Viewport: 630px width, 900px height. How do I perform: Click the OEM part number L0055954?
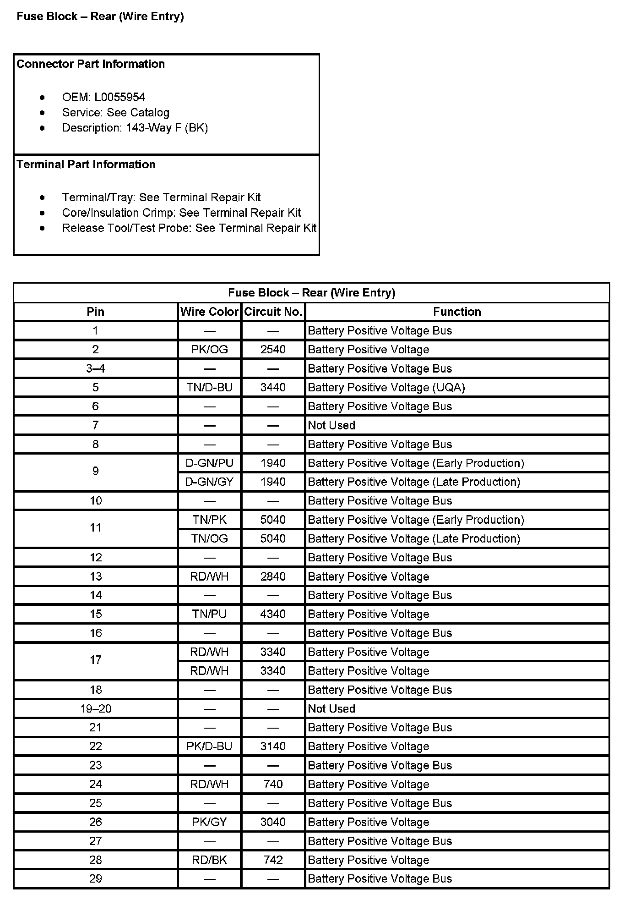click(119, 97)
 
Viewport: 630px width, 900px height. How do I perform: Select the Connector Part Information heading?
click(91, 64)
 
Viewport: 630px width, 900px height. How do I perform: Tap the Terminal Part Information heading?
click(86, 164)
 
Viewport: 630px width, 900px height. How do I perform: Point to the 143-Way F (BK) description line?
click(135, 128)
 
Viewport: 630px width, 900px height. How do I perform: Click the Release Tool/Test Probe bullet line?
click(189, 228)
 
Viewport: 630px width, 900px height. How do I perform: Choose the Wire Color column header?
click(209, 312)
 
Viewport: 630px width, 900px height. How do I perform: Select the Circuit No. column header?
click(273, 312)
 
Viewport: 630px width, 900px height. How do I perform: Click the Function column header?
click(457, 312)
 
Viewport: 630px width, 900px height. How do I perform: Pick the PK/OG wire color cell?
click(209, 350)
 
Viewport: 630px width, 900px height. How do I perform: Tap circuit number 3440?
click(273, 387)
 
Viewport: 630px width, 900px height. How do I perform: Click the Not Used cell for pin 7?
click(331, 425)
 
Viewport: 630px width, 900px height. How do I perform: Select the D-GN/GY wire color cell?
click(209, 482)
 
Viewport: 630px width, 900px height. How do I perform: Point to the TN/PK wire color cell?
click(209, 520)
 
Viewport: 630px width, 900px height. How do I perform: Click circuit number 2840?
click(273, 576)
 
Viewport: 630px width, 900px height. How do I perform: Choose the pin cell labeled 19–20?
click(96, 708)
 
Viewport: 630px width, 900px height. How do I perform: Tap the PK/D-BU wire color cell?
click(209, 746)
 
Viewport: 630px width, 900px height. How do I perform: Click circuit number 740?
click(273, 784)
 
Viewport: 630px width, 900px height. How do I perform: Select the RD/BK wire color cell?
click(209, 860)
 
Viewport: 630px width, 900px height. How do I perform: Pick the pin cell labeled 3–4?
click(96, 368)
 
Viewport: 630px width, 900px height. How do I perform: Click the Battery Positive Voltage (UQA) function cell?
click(386, 387)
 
